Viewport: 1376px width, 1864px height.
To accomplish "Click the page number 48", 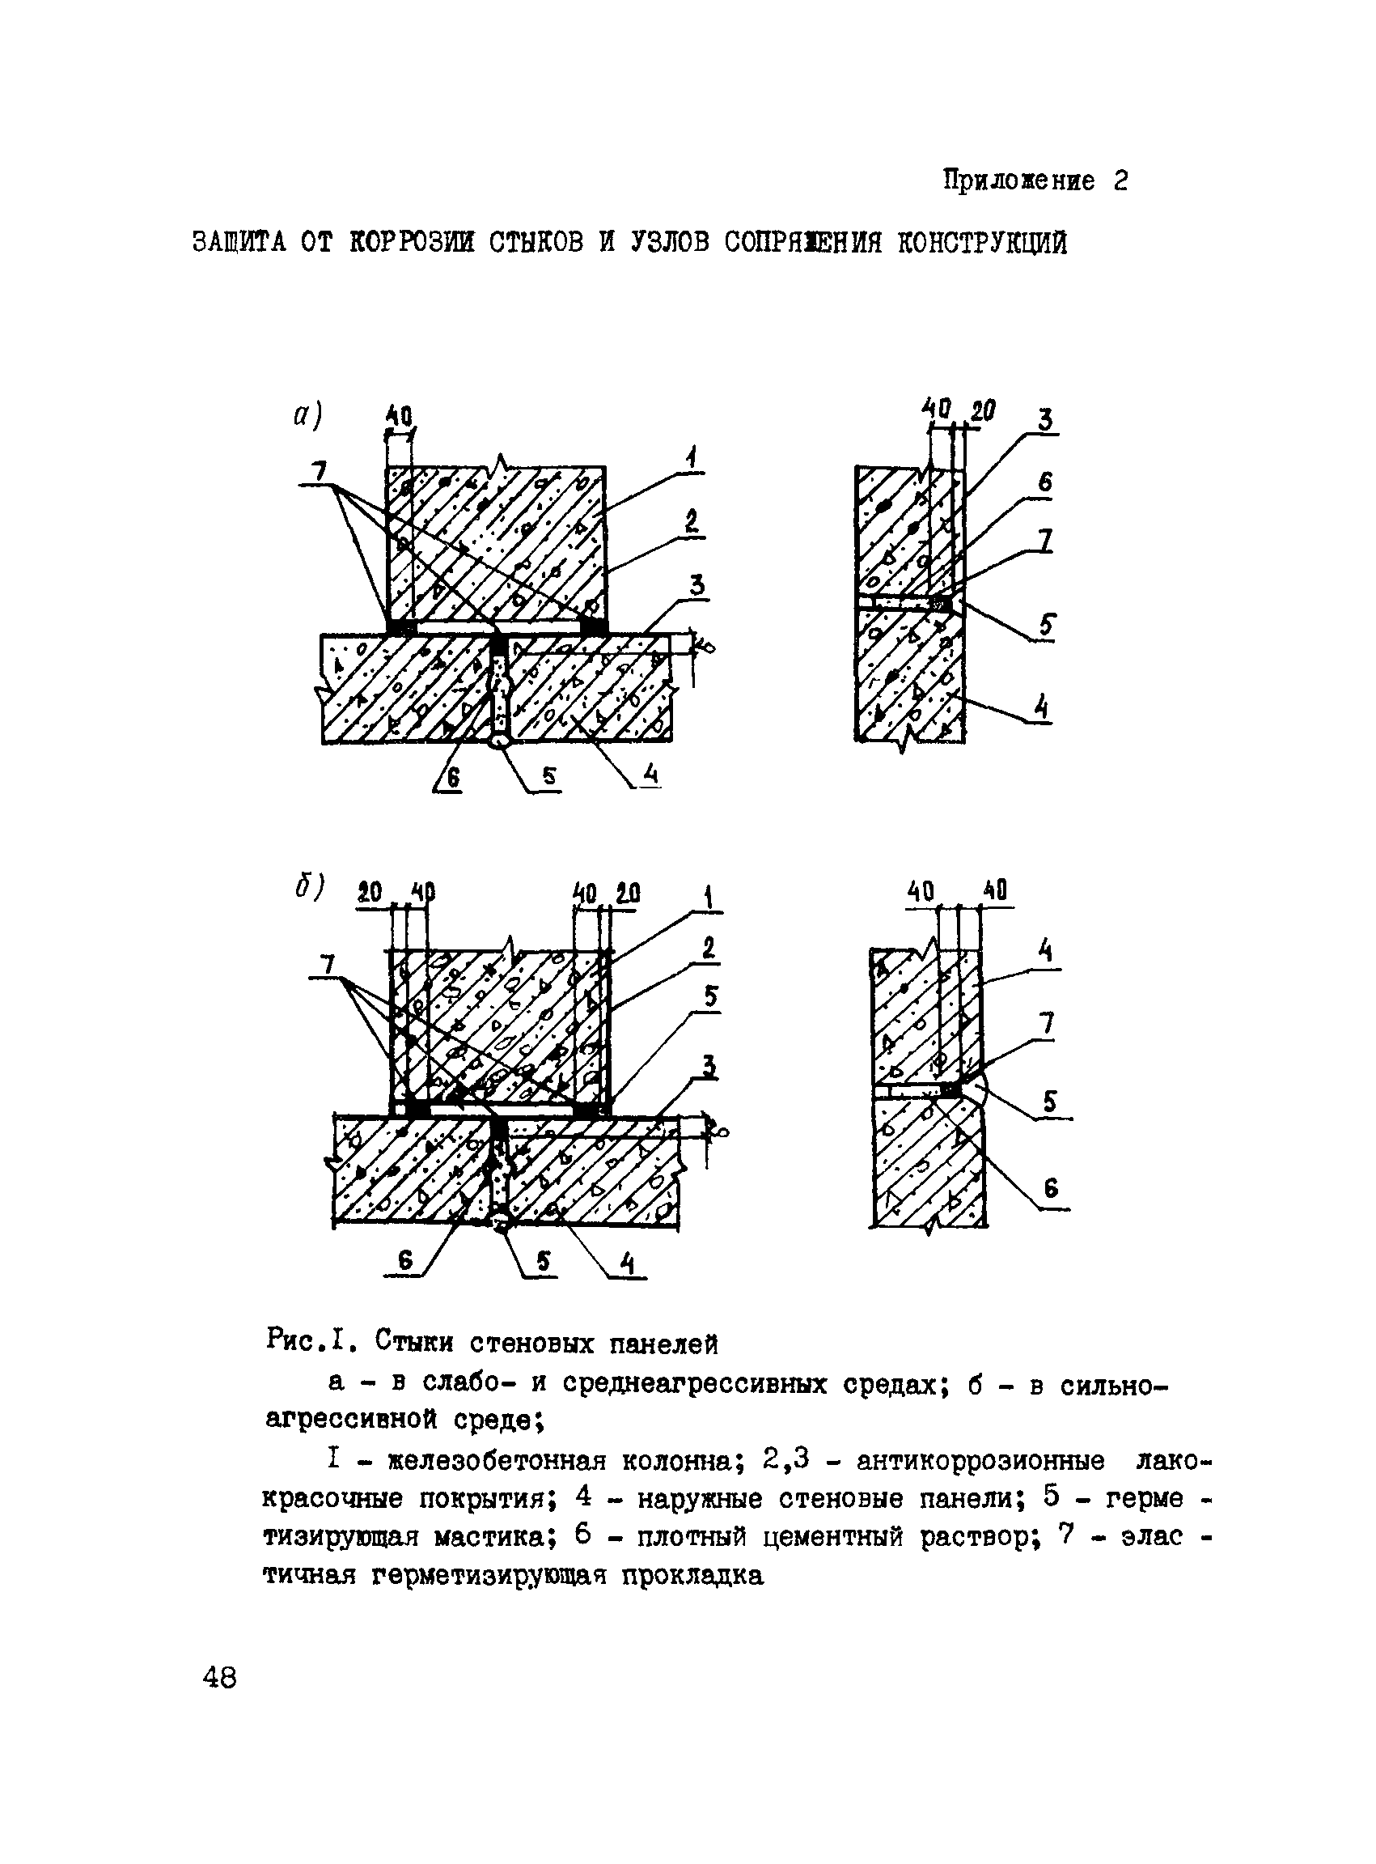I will pyautogui.click(x=220, y=1676).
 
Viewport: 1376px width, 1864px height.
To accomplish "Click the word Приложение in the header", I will pyautogui.click(x=1018, y=180).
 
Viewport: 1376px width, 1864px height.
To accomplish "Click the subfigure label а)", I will pyautogui.click(x=307, y=415).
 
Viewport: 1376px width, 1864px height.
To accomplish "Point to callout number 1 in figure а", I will pyautogui.click(x=692, y=457).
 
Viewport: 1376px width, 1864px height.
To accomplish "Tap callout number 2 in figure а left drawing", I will pyautogui.click(x=692, y=521).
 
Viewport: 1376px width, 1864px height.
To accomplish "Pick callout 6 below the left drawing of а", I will pyautogui.click(x=452, y=779).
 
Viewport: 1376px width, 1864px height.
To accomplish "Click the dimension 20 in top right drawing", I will pyautogui.click(x=983, y=410).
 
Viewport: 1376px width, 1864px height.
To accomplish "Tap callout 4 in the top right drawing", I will pyautogui.click(x=1040, y=707).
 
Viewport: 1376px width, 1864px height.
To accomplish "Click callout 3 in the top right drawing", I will pyautogui.click(x=1045, y=419).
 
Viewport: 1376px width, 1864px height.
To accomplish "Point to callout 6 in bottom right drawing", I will pyautogui.click(x=1050, y=1188).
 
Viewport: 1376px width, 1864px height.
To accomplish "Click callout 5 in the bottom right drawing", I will pyautogui.click(x=1049, y=1102).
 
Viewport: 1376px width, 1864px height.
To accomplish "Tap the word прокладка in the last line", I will pyautogui.click(x=692, y=1576).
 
